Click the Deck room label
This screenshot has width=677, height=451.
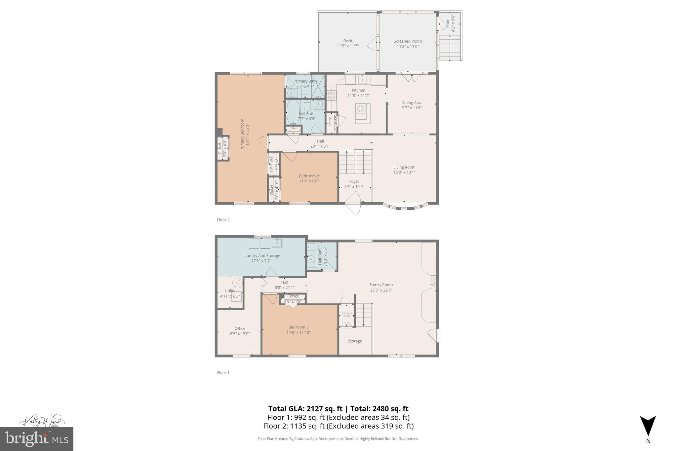tap(347, 41)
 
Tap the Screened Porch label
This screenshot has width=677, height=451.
tap(408, 41)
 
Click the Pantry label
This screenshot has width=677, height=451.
tap(330, 122)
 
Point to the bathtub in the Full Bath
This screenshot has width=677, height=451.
tap(293, 112)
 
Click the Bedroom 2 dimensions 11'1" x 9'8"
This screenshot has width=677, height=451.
tap(309, 181)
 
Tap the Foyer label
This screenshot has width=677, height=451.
tap(354, 181)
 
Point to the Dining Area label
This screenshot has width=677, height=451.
tap(412, 102)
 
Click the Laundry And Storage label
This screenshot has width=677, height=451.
tap(261, 255)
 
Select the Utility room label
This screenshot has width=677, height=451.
tap(230, 291)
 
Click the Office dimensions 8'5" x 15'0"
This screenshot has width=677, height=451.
tap(240, 334)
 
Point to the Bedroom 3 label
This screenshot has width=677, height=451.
tap(298, 327)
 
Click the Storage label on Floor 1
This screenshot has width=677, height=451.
tap(355, 341)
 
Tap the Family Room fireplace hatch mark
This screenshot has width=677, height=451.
tap(433, 282)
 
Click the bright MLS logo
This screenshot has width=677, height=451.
tap(37, 439)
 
